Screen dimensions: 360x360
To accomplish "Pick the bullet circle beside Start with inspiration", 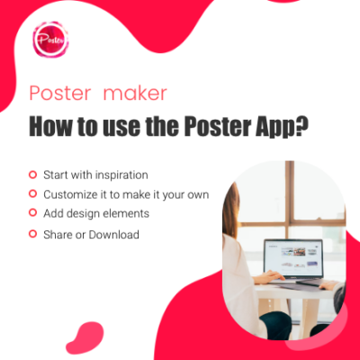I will pos(32,174).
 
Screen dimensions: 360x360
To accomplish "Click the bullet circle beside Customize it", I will pos(32,193).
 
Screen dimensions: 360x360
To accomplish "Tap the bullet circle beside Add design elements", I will pos(32,213).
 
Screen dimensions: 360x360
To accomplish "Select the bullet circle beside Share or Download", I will pos(32,234).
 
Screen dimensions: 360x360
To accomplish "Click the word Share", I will pos(58,234).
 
